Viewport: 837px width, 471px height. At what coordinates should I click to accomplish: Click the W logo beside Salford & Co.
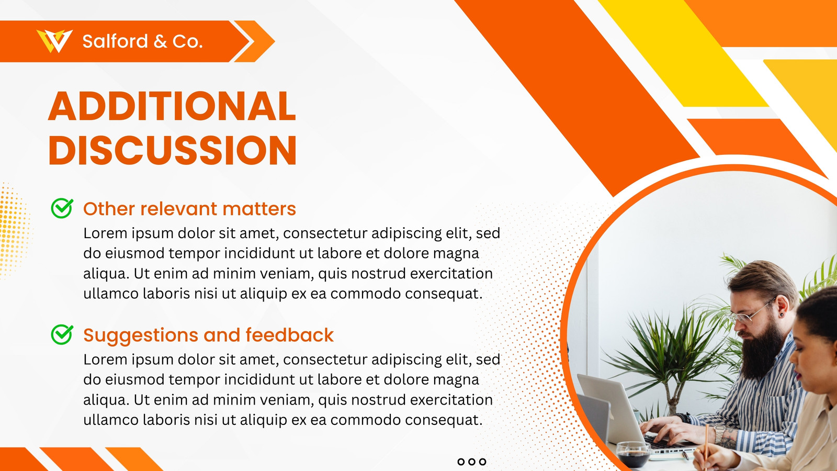[54, 41]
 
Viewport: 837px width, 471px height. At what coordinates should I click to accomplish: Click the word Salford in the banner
[115, 41]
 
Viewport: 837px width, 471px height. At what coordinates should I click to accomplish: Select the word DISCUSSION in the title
[173, 150]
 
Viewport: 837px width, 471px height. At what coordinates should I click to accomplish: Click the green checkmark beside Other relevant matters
[62, 208]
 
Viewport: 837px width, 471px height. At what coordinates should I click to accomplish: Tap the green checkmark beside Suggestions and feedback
[62, 334]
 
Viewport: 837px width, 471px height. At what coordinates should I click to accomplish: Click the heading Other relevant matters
[189, 209]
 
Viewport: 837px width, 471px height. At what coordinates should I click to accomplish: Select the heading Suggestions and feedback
[208, 335]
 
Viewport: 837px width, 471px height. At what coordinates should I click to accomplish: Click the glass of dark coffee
[633, 454]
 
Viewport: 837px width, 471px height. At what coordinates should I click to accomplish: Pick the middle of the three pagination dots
[472, 462]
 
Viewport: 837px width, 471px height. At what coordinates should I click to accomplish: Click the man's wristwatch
[720, 434]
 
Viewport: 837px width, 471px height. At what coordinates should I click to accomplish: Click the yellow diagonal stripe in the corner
[683, 53]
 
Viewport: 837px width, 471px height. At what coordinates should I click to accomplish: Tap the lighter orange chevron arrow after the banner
[255, 41]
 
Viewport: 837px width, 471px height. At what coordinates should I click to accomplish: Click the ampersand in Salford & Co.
[160, 41]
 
